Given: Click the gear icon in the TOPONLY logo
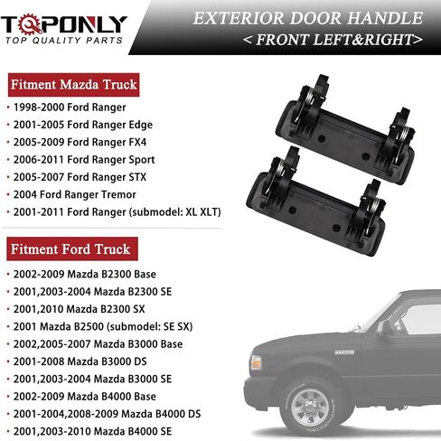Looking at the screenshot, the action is pos(30,24).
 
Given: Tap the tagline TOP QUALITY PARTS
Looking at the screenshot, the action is pos(64,41).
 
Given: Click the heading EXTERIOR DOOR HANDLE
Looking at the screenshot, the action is pos(308,18).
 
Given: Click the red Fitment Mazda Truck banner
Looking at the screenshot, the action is pos(74,85).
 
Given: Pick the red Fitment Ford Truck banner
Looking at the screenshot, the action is pos(72,249).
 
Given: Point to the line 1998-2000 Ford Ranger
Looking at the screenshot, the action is pos(70,108).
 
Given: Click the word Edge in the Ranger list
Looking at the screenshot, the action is pos(141,125).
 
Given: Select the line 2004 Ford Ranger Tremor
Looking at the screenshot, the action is pos(74,194).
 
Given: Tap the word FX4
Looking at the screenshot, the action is pos(137,142).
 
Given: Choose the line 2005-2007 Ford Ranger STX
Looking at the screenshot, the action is pos(80,177).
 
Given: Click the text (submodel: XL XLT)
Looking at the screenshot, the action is pos(175,212).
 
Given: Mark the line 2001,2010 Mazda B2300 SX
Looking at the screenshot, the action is pos(79,309).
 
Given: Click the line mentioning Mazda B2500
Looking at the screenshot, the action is pos(103,326).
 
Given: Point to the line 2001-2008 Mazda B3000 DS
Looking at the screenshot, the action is pos(80,361).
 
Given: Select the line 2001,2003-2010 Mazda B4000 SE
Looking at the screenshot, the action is pos(92,431).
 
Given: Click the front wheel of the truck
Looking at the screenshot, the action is pos(311,408).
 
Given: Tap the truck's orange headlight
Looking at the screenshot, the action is pos(256,362).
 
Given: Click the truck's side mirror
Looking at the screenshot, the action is pos(384,329).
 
